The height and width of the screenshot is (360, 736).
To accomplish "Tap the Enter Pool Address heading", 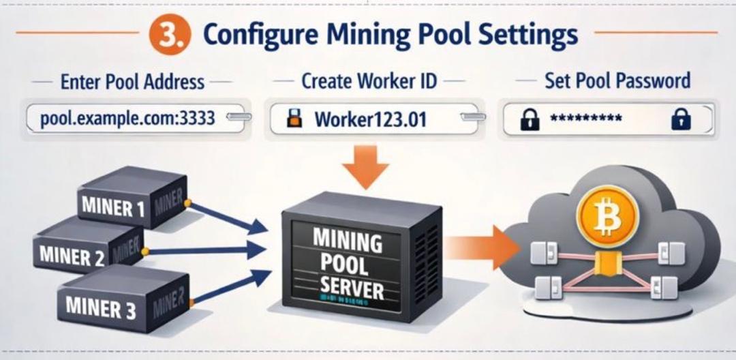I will [x=132, y=82].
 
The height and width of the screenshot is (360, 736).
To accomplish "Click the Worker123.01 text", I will [x=370, y=120].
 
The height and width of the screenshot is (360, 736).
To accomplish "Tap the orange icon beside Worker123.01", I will [x=294, y=119].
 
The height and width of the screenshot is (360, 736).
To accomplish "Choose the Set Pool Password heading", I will [x=617, y=81].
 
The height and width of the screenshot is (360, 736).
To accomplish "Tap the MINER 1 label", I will [x=113, y=207].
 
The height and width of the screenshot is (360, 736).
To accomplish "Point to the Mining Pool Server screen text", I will [x=348, y=263].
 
